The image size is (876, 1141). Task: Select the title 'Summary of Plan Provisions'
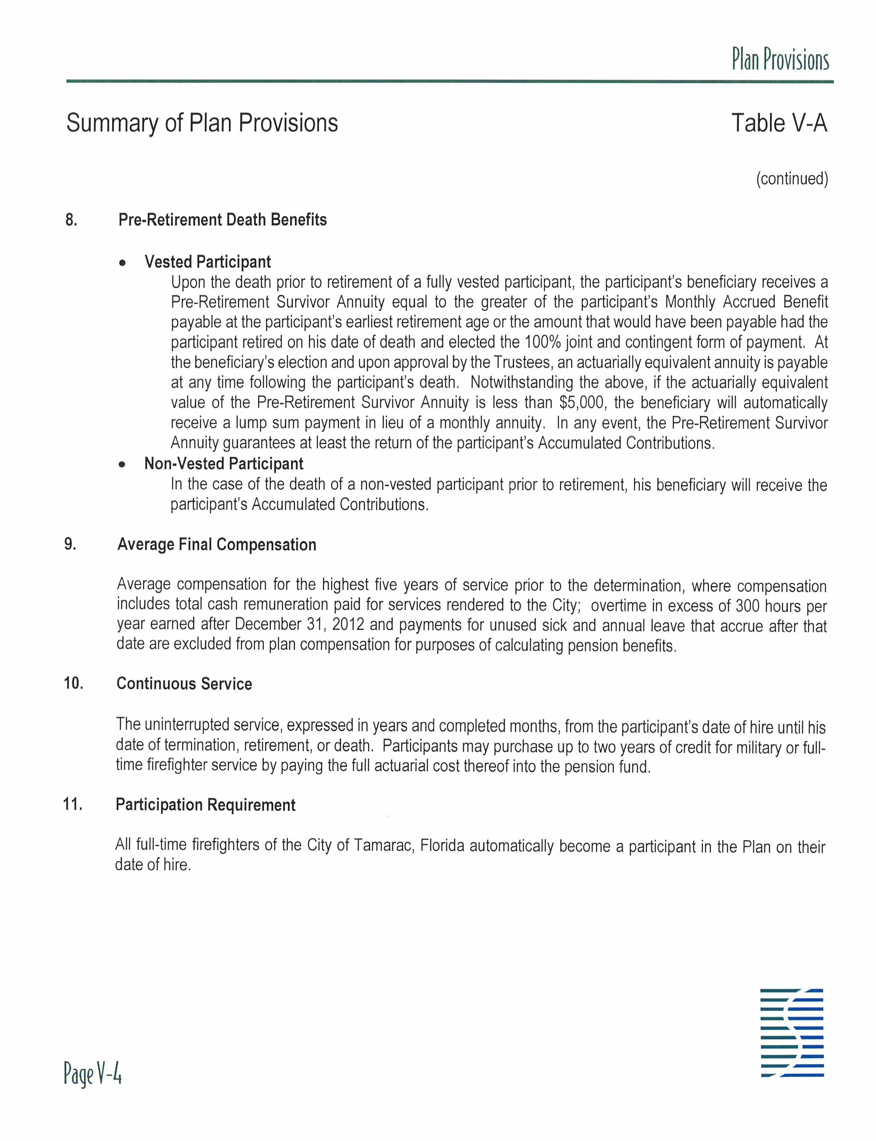202,123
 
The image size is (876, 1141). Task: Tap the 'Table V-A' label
779,123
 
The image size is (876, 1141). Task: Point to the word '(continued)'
792,178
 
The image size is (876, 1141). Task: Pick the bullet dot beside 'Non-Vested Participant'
123,465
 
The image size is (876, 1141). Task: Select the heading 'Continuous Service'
184,684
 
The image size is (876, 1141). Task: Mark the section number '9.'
70,544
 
